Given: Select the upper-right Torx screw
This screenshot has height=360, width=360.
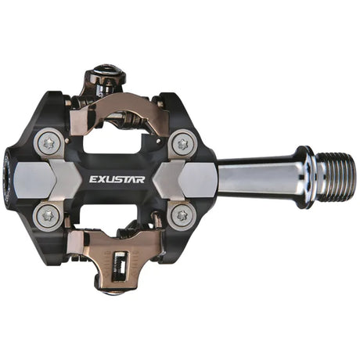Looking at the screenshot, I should pyautogui.click(x=182, y=142).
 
